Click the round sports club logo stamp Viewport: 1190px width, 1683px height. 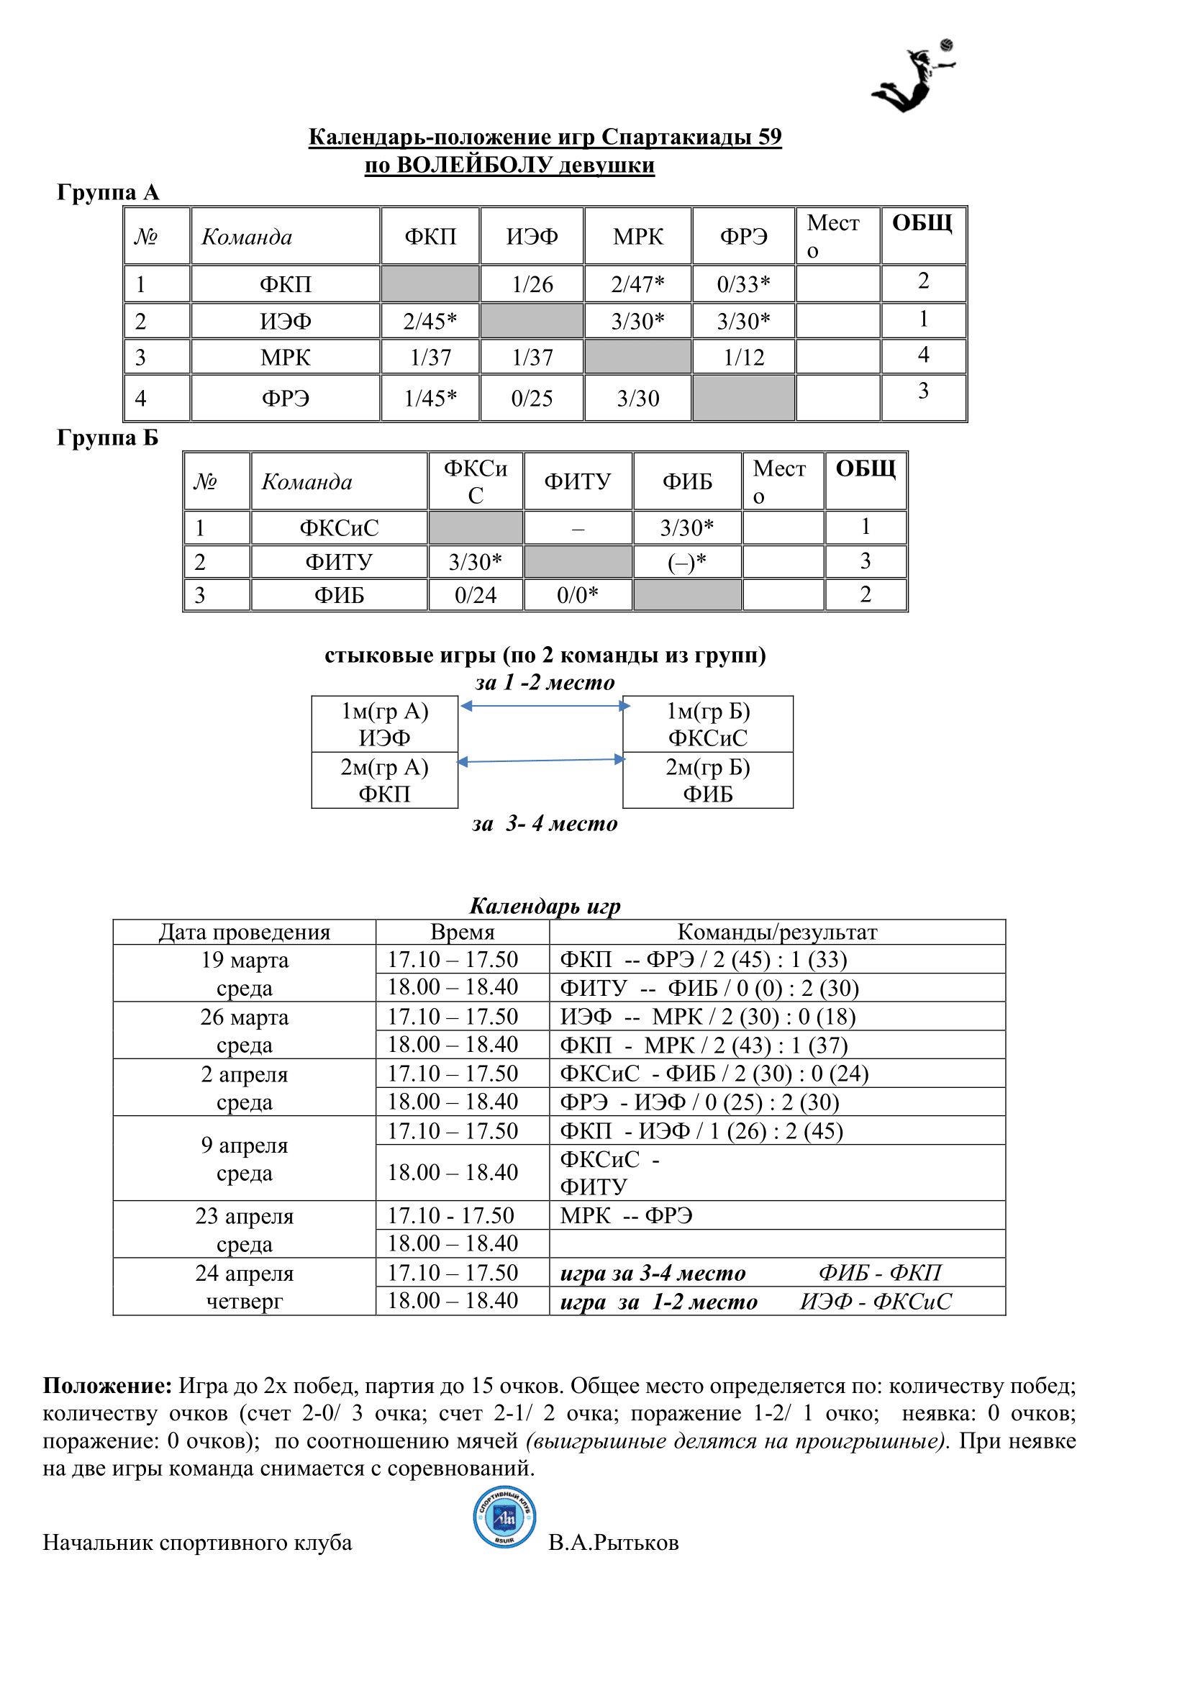(x=504, y=1517)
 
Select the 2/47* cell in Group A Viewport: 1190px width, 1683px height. (x=637, y=283)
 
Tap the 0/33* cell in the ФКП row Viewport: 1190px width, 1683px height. (x=743, y=283)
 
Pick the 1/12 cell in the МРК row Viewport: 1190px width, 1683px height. (x=743, y=357)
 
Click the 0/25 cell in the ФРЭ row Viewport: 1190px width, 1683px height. (x=531, y=398)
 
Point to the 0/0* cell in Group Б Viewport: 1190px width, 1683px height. (x=578, y=594)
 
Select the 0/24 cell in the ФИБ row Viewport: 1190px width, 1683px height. (x=475, y=594)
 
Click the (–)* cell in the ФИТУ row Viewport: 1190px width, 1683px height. (x=686, y=561)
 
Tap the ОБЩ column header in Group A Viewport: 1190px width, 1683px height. (x=922, y=223)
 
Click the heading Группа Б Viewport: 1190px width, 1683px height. (x=108, y=437)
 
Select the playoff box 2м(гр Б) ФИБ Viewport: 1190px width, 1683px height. (x=707, y=780)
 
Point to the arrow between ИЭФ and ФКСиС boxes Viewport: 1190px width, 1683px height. (x=544, y=706)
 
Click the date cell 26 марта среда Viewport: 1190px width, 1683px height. (x=244, y=1030)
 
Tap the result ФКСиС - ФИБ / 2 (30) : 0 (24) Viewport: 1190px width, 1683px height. (x=714, y=1073)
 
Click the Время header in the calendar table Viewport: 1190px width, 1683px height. (x=462, y=932)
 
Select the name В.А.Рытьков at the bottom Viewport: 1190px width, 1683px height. (x=613, y=1542)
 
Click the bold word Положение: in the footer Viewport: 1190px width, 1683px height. (x=107, y=1385)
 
